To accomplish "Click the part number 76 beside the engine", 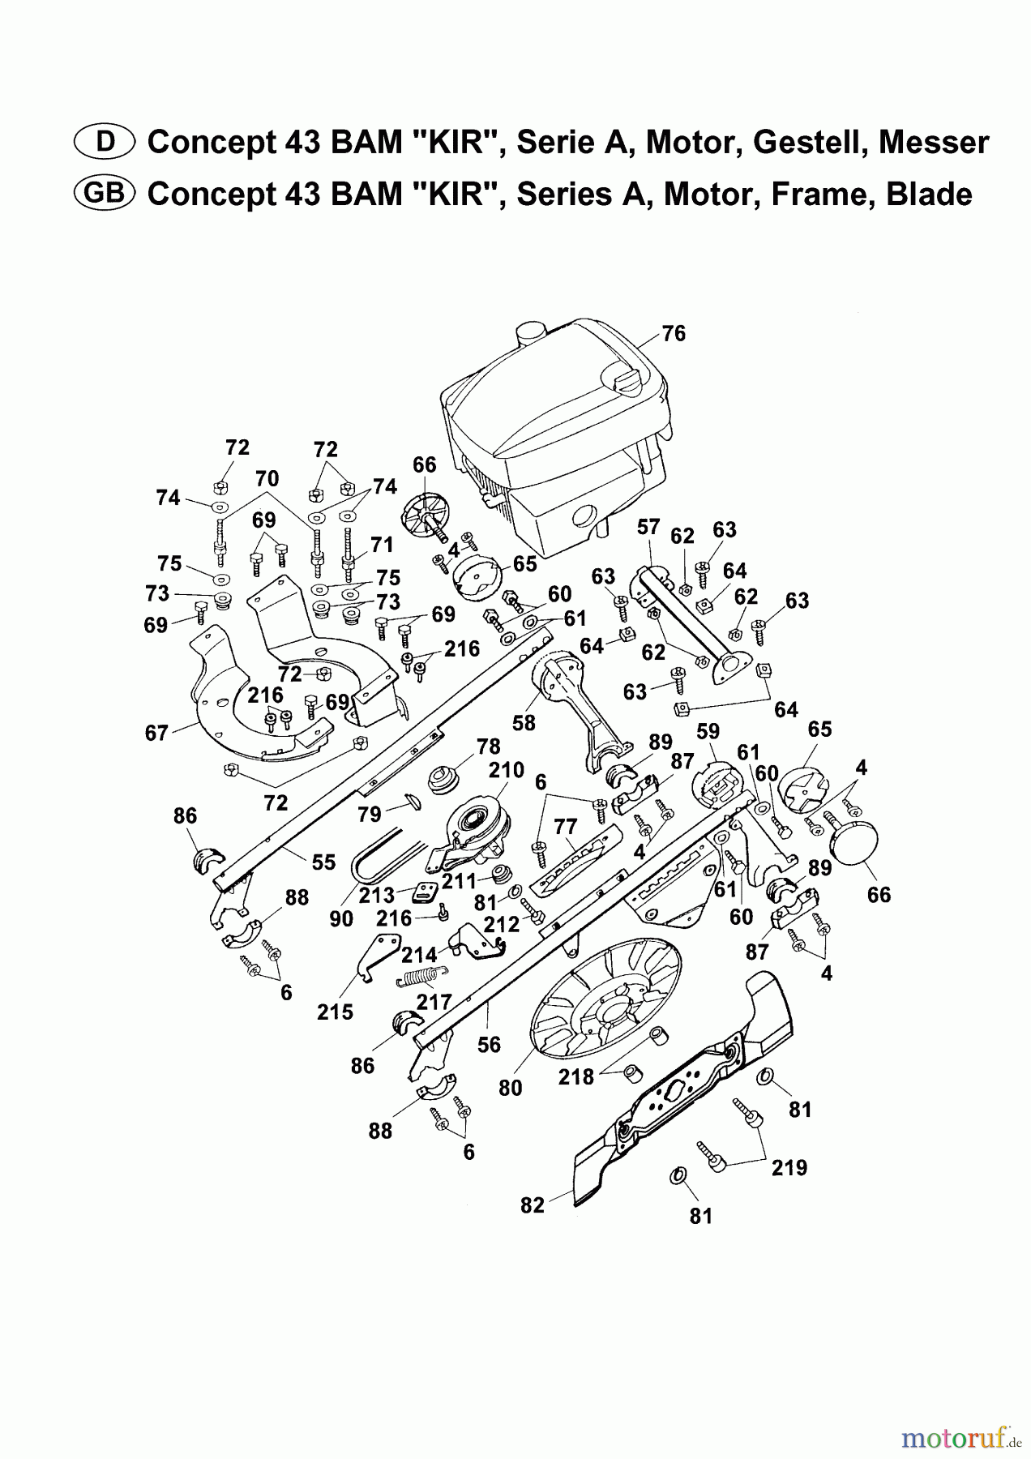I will [674, 333].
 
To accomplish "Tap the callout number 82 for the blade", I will [533, 1205].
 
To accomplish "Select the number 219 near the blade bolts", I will [789, 1168].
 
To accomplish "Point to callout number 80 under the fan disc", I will [511, 1088].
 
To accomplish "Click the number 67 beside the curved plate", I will [156, 733].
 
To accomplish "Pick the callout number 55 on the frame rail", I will [323, 862].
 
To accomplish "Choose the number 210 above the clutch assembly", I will [507, 769].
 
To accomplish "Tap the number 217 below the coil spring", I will [434, 1002].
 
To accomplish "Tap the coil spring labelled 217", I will [422, 976].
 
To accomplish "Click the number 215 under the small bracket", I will [336, 1012].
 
